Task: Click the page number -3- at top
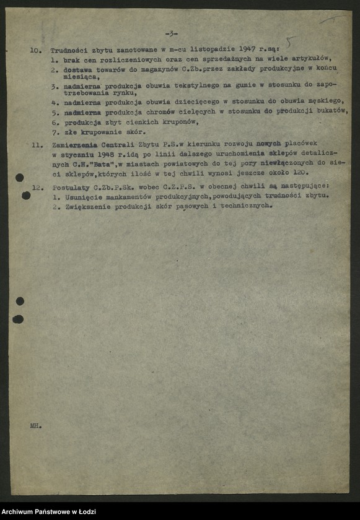point(171,33)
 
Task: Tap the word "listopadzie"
point(211,48)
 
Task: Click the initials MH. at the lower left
point(35,427)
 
